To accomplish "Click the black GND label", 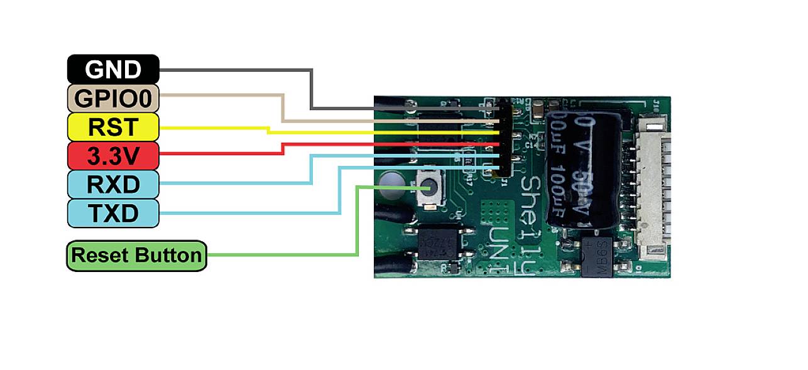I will pyautogui.click(x=113, y=69).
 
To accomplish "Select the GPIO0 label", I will pyautogui.click(x=113, y=98).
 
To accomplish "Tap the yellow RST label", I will pyautogui.click(x=113, y=128).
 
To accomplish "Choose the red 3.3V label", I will pyautogui.click(x=113, y=156).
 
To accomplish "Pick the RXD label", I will pyautogui.click(x=113, y=185).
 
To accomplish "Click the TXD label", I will pyautogui.click(x=113, y=214).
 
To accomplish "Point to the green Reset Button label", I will pyautogui.click(x=136, y=256).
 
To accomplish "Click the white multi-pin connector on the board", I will pyautogui.click(x=650, y=182).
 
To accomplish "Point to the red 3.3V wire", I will pyautogui.click(x=377, y=144).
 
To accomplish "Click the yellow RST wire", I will pyautogui.click(x=377, y=133).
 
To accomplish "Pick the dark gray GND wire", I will pyautogui.click(x=312, y=88).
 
